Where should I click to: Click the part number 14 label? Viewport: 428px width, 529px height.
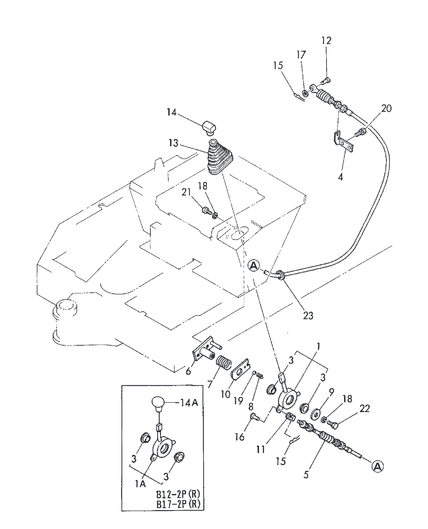click(x=171, y=112)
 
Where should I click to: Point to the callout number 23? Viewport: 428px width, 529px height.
click(x=308, y=315)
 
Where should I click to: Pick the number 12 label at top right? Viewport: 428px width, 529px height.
click(x=326, y=40)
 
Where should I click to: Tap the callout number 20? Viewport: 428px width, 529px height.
click(x=386, y=108)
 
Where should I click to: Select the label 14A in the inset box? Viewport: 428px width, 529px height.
click(x=190, y=403)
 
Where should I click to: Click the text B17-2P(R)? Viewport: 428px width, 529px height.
click(x=178, y=504)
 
